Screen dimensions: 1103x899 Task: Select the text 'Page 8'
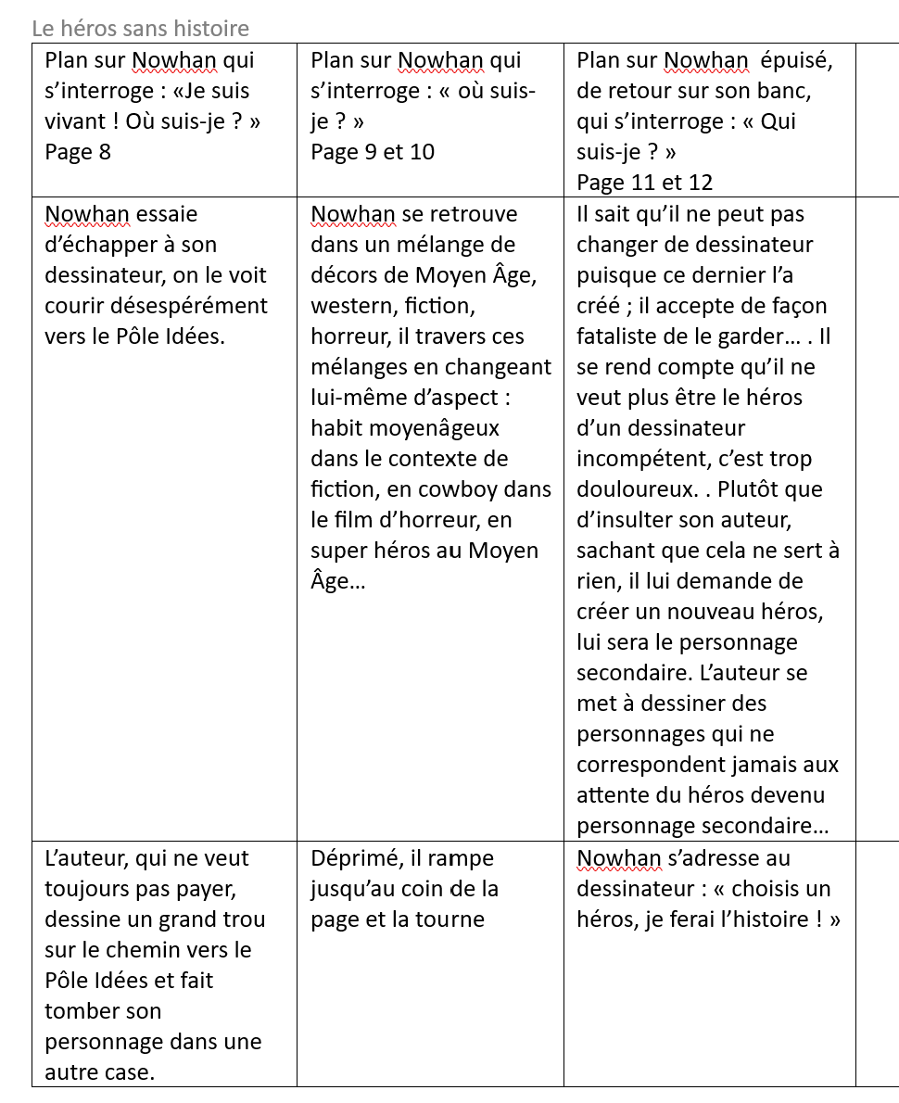(78, 152)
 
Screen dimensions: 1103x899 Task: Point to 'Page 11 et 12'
(644, 183)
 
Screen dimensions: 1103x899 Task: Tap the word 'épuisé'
(796, 61)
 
